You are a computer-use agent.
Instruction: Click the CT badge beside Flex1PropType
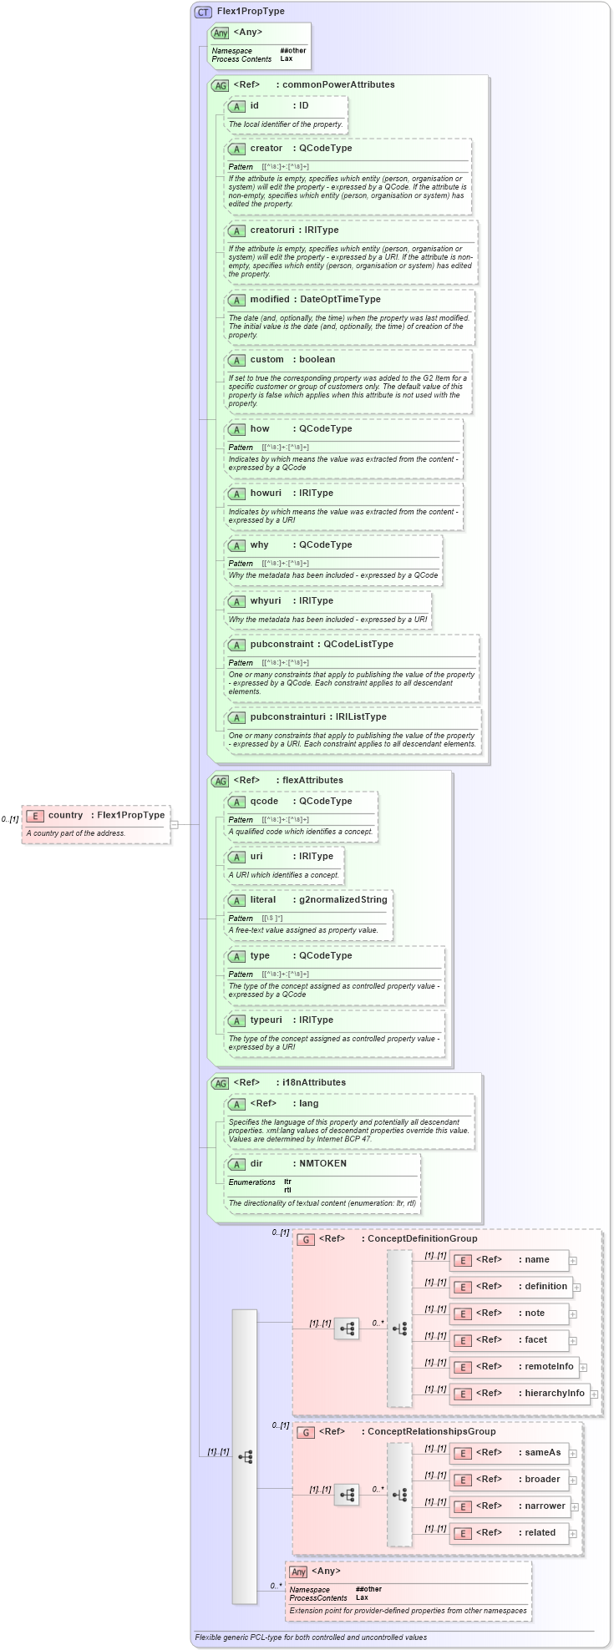(x=203, y=12)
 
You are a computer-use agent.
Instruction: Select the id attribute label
(x=254, y=106)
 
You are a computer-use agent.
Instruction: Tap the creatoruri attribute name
(x=271, y=230)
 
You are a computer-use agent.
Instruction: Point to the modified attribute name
(x=269, y=299)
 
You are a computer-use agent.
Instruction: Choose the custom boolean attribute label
(x=266, y=359)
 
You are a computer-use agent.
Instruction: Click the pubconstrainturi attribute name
(x=287, y=716)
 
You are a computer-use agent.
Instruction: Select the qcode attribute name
(x=264, y=801)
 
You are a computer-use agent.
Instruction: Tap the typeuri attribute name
(x=266, y=1020)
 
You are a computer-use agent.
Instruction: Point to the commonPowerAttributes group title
(x=338, y=84)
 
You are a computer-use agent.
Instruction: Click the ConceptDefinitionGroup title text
(x=422, y=1238)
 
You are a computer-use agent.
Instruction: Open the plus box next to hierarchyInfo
(x=594, y=1394)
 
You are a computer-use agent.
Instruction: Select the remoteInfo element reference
(x=548, y=1366)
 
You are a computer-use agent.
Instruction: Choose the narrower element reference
(x=545, y=1506)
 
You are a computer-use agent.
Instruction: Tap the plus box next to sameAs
(x=573, y=1453)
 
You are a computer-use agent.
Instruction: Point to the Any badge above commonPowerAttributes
(x=221, y=33)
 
